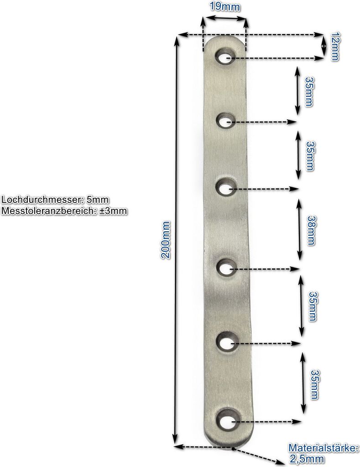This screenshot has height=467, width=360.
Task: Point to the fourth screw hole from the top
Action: tap(227, 268)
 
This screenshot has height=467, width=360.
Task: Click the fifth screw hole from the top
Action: tap(228, 343)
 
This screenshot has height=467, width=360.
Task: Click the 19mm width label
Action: tap(224, 6)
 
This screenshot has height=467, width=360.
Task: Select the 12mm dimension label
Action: tap(335, 46)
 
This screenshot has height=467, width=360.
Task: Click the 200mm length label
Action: tap(165, 240)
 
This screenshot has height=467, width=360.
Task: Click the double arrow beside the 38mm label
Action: tap(299, 229)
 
